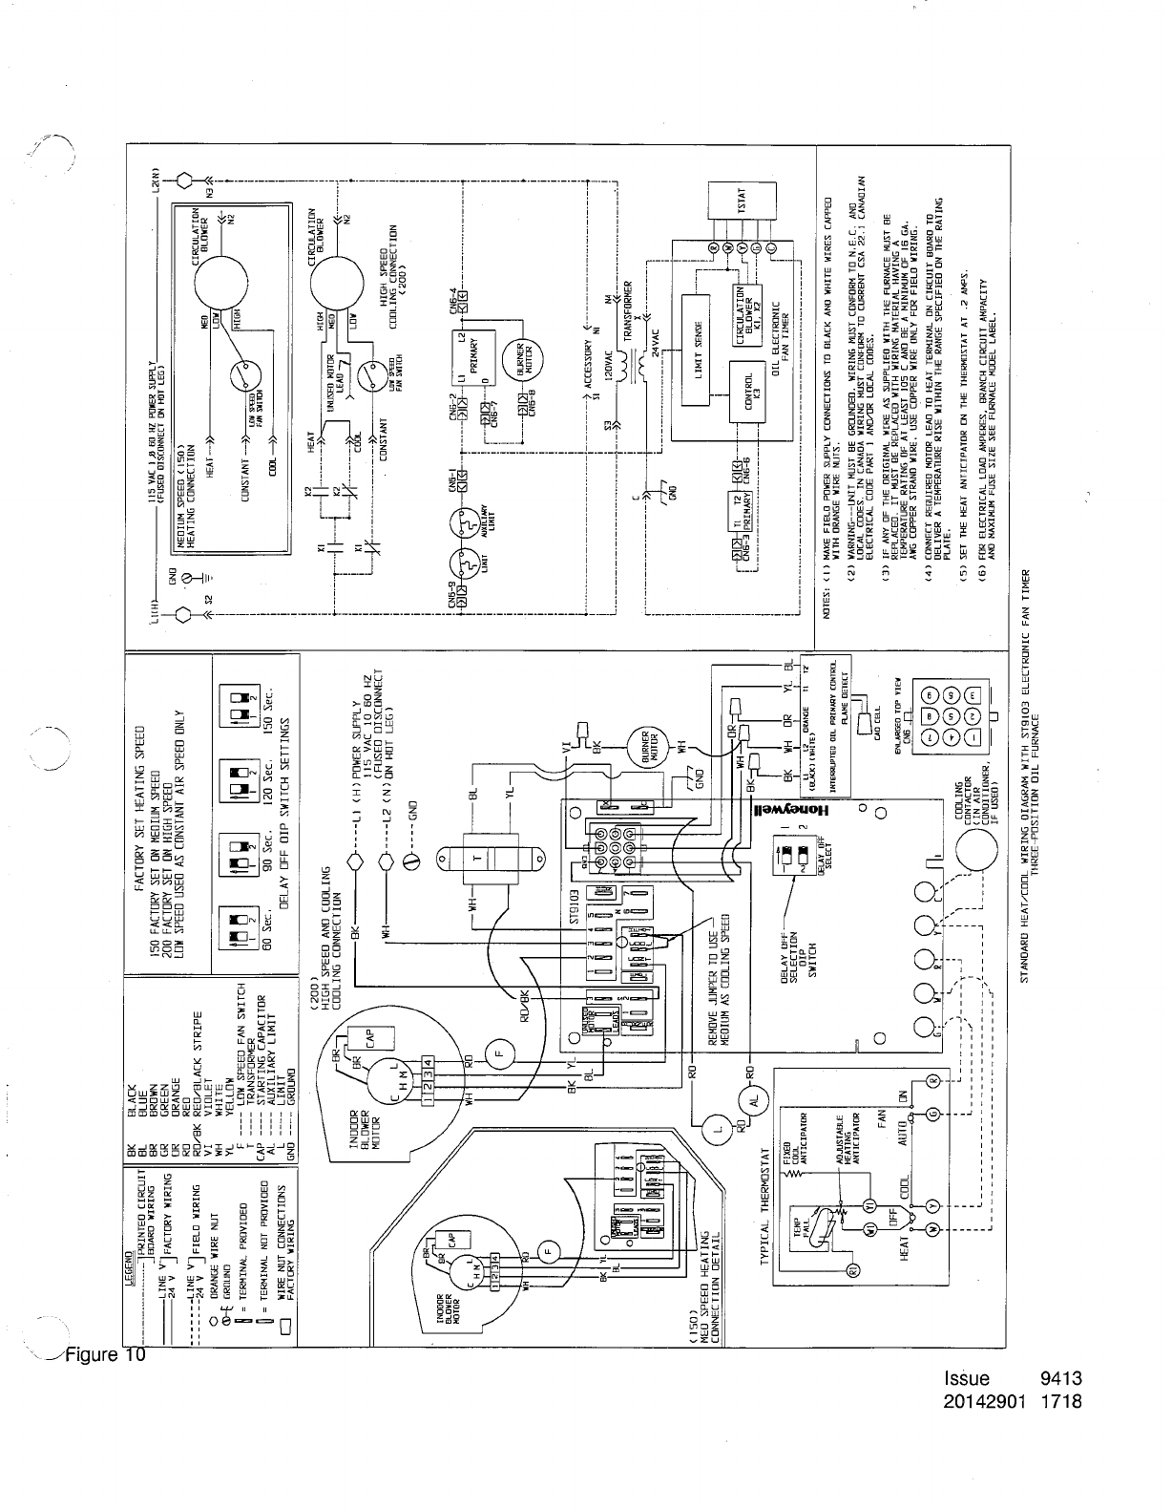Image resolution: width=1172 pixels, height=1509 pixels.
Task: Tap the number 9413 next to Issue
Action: click(x=1064, y=1378)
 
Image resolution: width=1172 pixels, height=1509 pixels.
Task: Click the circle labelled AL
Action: click(x=753, y=1099)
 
